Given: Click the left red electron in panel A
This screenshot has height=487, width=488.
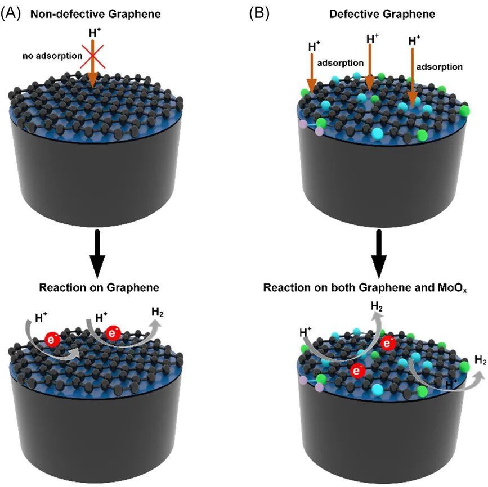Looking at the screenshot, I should pos(53,340).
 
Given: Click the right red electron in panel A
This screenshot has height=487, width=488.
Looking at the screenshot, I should pos(113,334).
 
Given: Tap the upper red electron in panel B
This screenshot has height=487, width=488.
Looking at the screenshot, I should pos(387,343).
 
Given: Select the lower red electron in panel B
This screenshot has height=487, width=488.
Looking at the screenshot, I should pos(356,370).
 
